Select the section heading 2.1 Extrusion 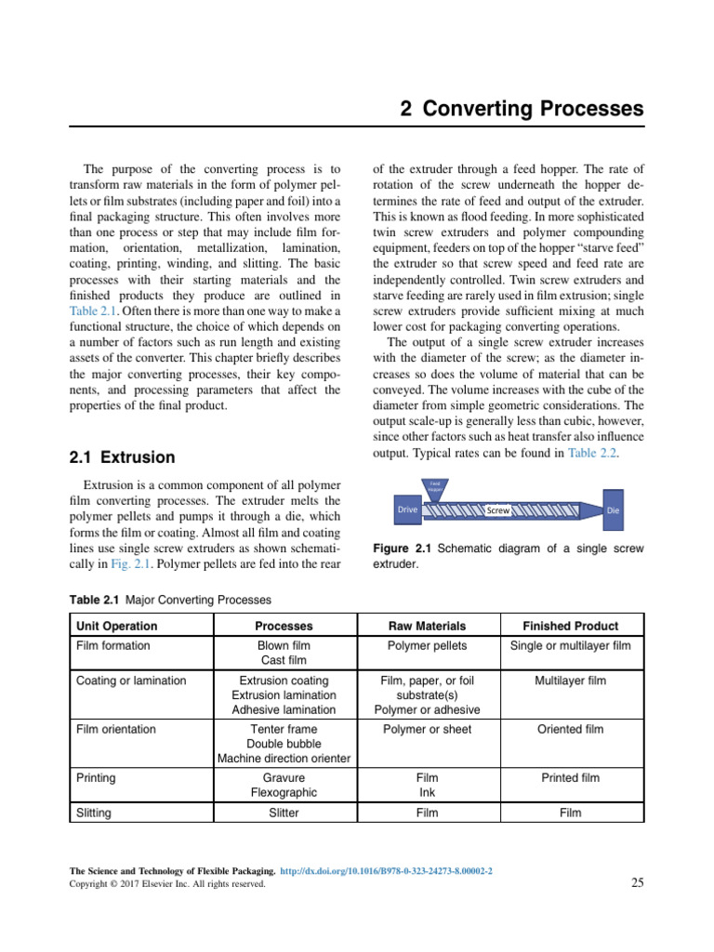pos(122,456)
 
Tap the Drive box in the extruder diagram pos(407,509)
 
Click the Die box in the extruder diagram pos(613,510)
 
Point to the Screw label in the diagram pos(498,510)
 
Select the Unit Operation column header pos(116,626)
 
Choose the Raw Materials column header pos(427,626)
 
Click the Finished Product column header pos(570,626)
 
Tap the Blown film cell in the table pos(284,645)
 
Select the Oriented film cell pos(570,729)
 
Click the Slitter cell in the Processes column pos(284,813)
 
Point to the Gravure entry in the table pos(284,777)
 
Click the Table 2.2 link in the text pos(592,453)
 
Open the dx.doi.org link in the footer pos(386,870)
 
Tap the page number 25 pos(637,882)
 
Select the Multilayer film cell pos(570,681)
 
